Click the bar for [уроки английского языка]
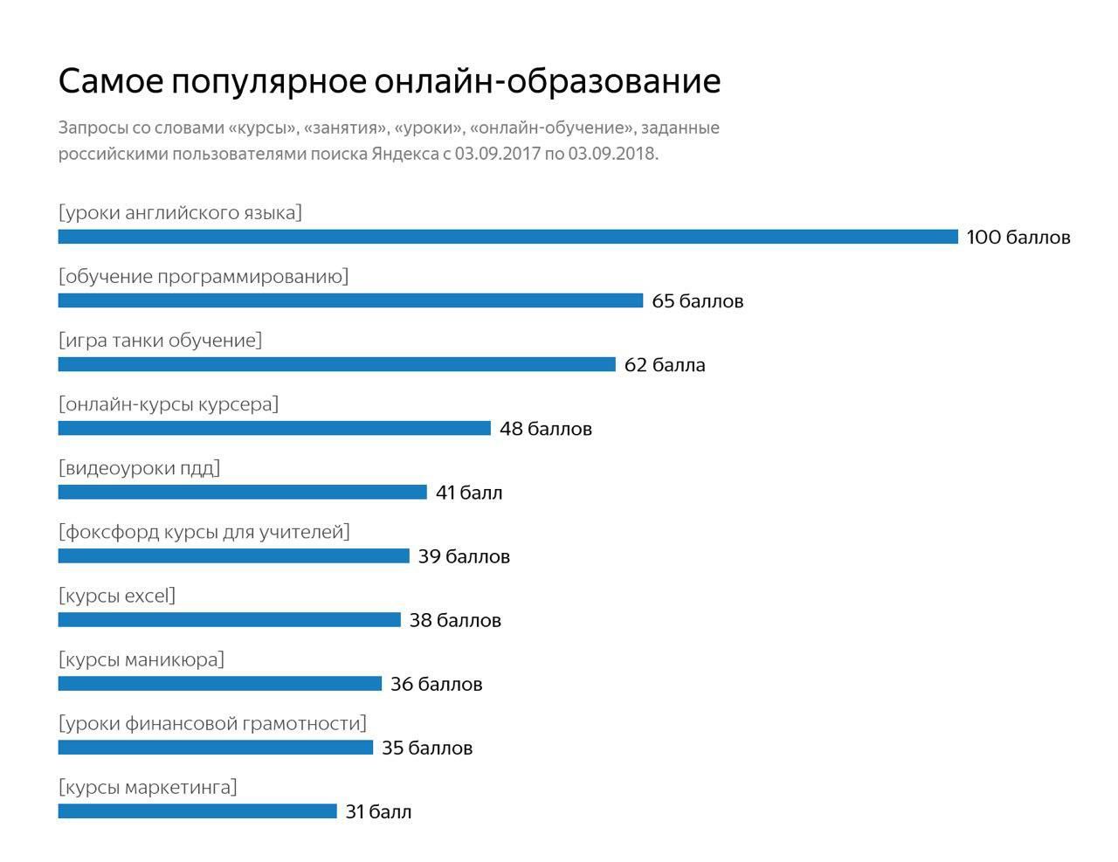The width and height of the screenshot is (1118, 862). tap(507, 237)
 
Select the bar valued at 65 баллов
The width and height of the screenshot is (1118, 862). tap(350, 300)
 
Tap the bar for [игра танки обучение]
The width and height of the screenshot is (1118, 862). tap(336, 364)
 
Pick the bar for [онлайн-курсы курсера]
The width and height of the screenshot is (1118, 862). tap(274, 428)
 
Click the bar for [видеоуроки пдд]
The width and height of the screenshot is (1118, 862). tap(242, 492)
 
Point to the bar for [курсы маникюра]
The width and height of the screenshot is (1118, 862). tap(219, 684)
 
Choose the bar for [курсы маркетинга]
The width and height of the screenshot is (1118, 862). tap(197, 811)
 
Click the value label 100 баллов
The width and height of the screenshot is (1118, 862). tap(1018, 238)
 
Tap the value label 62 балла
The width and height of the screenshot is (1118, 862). tap(664, 365)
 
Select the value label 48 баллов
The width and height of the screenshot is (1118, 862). tap(545, 429)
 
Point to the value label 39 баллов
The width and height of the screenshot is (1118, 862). tap(463, 556)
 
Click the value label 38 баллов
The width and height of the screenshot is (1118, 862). tap(454, 620)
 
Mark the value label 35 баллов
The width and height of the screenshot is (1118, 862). tap(426, 748)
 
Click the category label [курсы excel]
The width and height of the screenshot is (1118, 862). tap(117, 596)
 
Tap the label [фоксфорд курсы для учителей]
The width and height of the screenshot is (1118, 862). tap(204, 532)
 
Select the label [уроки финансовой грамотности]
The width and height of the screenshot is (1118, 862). tap(212, 723)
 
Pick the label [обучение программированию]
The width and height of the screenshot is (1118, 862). tap(203, 277)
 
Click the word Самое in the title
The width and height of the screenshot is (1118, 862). tap(110, 81)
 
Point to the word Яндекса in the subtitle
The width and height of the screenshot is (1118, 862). tap(404, 154)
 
